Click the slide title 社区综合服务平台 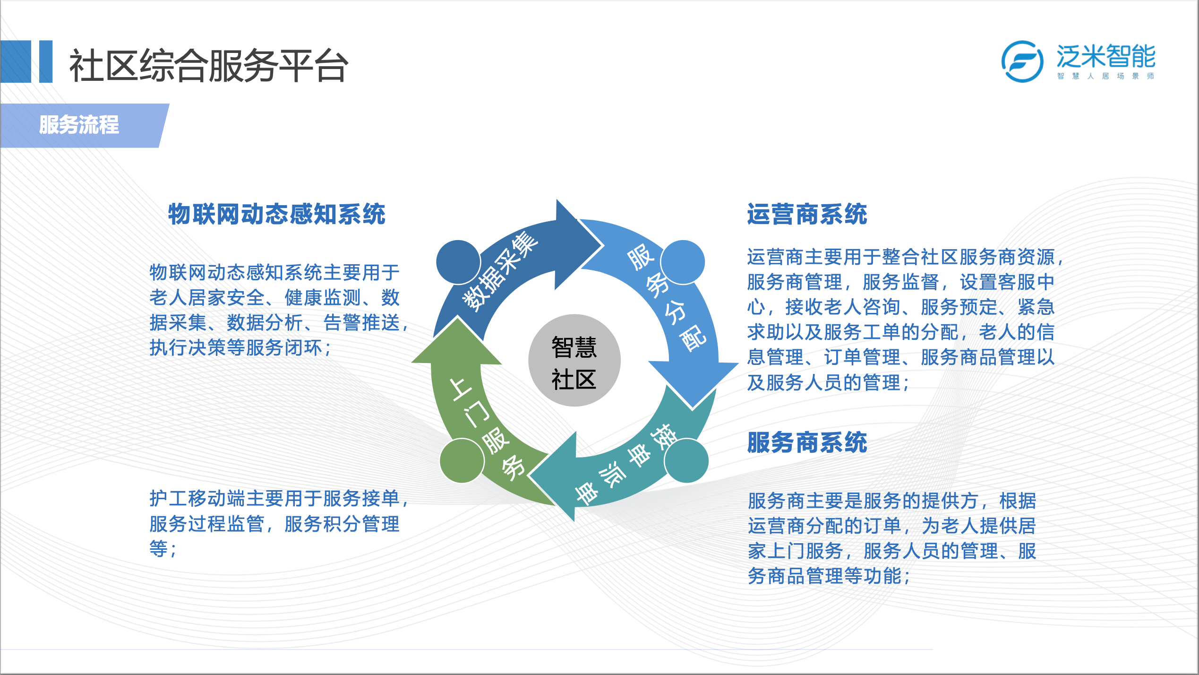[x=208, y=65]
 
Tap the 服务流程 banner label [x=79, y=125]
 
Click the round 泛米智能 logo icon [x=1022, y=61]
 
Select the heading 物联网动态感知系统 [x=277, y=214]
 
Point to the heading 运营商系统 [x=807, y=214]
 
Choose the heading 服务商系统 [x=807, y=442]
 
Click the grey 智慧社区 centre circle [x=574, y=360]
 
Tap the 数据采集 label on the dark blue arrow [x=500, y=272]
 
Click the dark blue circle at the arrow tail [x=458, y=262]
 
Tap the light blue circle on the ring [x=683, y=262]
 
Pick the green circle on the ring [x=462, y=461]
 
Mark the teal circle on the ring [x=686, y=461]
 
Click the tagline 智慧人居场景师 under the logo [x=1106, y=76]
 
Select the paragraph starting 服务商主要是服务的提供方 [x=892, y=538]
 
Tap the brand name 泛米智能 [x=1106, y=56]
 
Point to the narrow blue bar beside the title [x=46, y=61]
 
